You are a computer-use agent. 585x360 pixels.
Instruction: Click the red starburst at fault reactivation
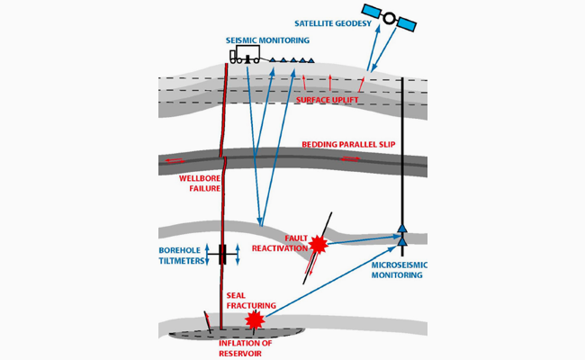318,244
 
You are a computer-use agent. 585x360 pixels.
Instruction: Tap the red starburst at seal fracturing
256,320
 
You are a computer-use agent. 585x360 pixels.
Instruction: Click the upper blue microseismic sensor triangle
403,228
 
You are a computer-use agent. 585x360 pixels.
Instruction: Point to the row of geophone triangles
288,60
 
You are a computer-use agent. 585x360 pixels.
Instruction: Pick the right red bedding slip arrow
349,158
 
